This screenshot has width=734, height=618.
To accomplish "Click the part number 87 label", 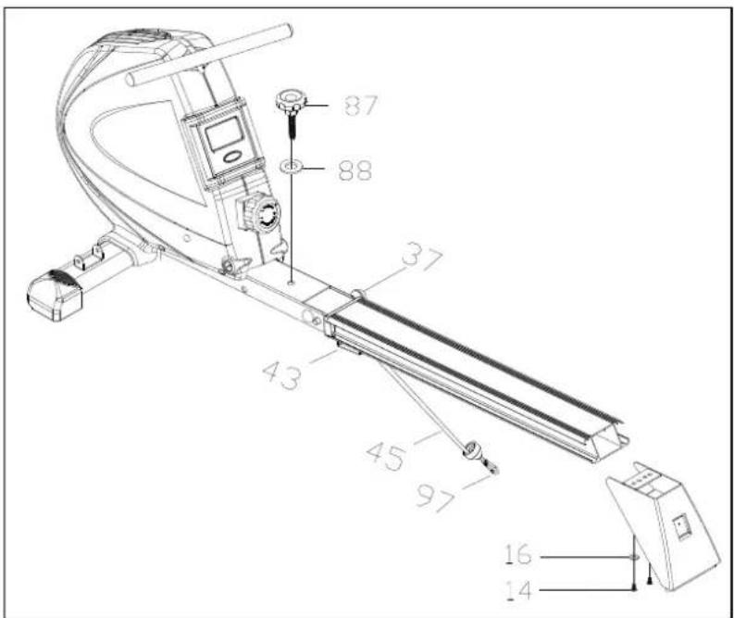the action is coord(360,106).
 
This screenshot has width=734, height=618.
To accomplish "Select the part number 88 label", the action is coord(355,170).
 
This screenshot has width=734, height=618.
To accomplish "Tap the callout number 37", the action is coord(422,256).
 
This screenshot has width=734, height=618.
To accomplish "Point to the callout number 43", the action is coord(282,375).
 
